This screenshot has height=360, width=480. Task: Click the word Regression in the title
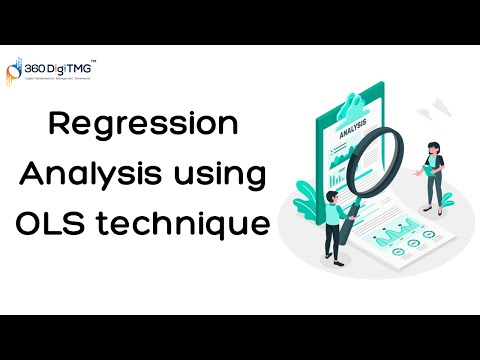144,126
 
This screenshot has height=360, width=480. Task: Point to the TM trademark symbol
94,56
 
